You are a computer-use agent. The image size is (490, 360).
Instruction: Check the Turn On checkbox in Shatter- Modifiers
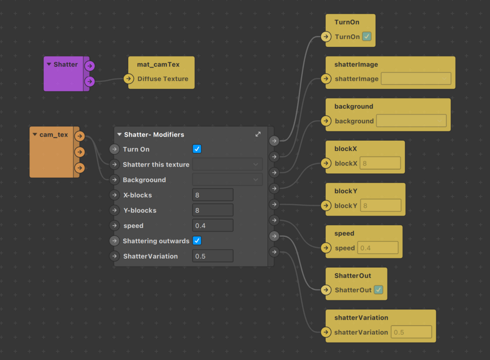point(197,149)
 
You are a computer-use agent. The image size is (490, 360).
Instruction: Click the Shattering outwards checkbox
point(197,241)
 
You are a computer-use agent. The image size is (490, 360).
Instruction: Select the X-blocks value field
point(213,195)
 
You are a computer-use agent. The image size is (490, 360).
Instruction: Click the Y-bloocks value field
point(213,210)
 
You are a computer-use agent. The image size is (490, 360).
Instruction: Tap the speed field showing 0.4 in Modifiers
point(213,226)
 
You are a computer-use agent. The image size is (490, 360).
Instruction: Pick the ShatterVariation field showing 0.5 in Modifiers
point(213,256)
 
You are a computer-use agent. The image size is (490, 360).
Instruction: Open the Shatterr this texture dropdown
point(227,165)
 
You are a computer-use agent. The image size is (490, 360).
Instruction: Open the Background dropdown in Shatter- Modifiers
point(227,180)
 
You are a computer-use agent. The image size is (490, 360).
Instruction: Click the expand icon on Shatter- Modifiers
point(258,134)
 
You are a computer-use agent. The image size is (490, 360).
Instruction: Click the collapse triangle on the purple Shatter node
point(49,64)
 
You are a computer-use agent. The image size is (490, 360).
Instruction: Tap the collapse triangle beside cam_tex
point(35,134)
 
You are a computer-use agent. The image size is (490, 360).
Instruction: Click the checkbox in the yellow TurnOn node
point(367,37)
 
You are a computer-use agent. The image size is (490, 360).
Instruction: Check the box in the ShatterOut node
point(378,290)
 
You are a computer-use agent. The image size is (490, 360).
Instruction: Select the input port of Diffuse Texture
point(129,78)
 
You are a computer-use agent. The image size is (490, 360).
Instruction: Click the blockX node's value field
point(380,163)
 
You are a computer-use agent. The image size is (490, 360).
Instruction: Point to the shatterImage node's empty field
point(416,78)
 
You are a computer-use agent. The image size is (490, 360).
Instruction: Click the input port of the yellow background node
point(326,121)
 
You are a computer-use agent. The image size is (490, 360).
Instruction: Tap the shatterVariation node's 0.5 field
point(411,332)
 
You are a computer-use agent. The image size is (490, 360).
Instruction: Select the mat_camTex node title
point(158,64)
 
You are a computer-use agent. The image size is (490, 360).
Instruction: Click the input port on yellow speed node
point(326,248)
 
